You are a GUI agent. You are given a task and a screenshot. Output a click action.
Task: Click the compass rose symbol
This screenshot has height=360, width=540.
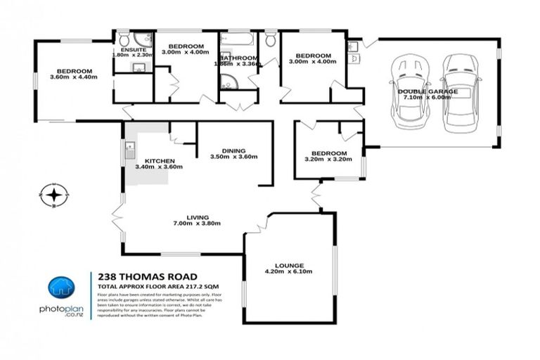[53, 194]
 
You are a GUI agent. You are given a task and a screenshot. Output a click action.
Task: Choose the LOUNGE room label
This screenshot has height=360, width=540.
[288, 265]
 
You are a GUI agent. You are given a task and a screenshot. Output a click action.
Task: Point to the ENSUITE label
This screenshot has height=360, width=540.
[133, 50]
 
